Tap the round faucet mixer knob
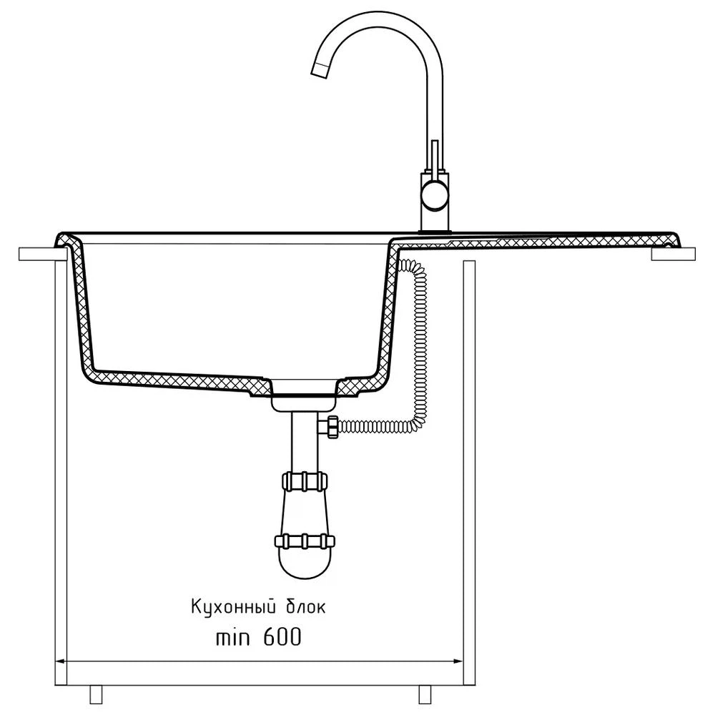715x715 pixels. click(x=435, y=194)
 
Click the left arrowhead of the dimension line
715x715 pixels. click(x=61, y=661)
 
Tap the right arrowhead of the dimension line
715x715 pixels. click(x=458, y=661)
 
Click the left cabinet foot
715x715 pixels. click(x=96, y=694)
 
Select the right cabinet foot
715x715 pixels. click(x=425, y=694)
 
